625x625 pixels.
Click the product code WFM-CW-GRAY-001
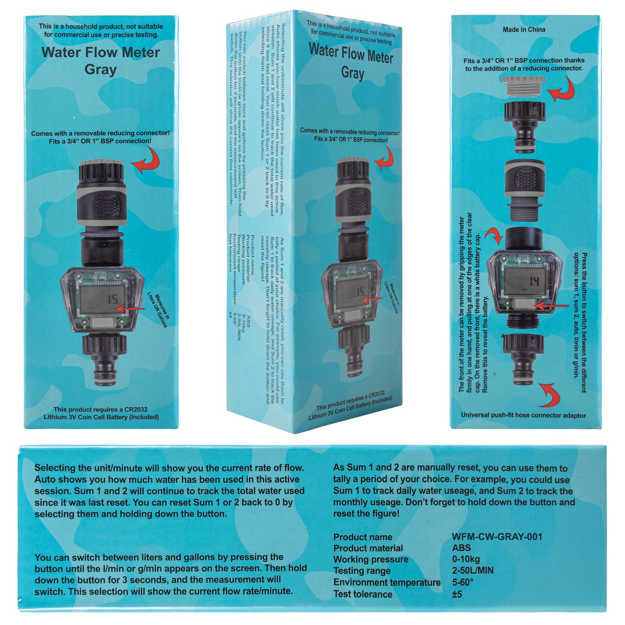click(x=497, y=537)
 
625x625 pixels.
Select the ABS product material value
click(x=461, y=548)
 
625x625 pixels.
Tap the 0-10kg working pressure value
click(x=466, y=559)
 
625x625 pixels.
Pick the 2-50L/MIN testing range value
click(x=472, y=571)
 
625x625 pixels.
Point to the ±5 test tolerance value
click(x=457, y=594)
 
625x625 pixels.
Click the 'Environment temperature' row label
click(x=387, y=583)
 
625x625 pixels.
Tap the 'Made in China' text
click(x=524, y=29)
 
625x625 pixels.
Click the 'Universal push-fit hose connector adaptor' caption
click(x=523, y=415)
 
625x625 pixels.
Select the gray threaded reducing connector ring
click(x=523, y=85)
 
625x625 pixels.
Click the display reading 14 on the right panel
click(x=534, y=282)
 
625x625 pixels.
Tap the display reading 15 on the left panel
click(x=112, y=299)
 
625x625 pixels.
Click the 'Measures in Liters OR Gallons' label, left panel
click(x=157, y=311)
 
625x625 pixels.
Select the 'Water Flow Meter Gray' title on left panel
click(x=100, y=61)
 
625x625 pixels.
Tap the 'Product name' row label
click(x=362, y=537)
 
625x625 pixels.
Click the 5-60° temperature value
click(x=462, y=582)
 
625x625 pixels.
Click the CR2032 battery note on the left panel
click(x=101, y=413)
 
